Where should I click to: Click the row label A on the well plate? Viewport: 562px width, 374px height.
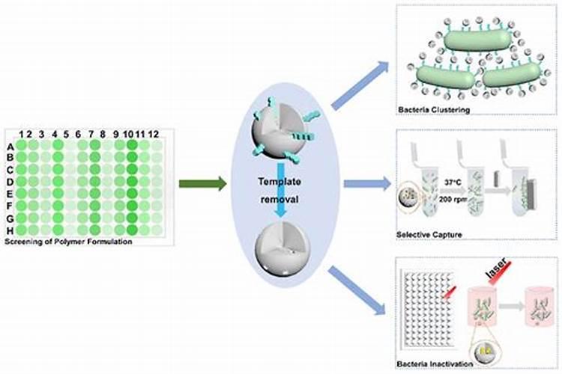[x=10, y=147]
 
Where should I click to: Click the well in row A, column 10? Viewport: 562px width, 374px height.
[x=132, y=147]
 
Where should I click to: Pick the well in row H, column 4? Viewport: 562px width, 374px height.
[x=58, y=230]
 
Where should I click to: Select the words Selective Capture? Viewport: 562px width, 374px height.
[x=429, y=235]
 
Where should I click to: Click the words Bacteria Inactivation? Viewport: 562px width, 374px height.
[x=435, y=364]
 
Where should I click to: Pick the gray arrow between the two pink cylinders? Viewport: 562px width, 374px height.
[x=513, y=306]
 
